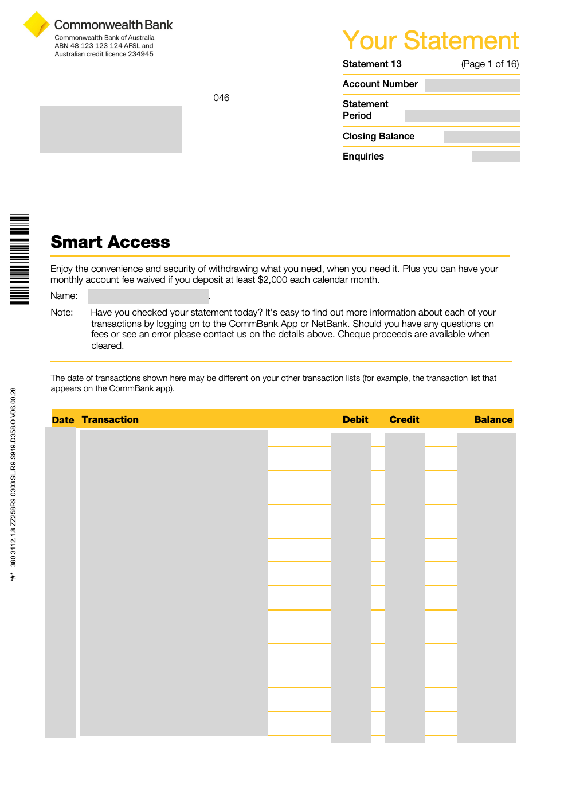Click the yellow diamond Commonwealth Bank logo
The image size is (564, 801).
click(36, 25)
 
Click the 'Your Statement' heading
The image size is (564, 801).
click(430, 41)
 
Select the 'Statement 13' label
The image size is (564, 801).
click(372, 64)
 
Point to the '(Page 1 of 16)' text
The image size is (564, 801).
click(490, 64)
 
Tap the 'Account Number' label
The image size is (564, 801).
click(380, 84)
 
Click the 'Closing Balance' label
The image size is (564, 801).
click(378, 136)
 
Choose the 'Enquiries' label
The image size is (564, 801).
click(363, 156)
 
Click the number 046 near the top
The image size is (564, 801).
click(221, 98)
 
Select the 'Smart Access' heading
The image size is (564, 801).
click(110, 242)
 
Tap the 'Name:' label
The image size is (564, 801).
click(64, 295)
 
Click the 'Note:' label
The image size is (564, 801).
click(61, 312)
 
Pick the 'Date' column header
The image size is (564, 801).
click(63, 420)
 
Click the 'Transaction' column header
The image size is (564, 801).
click(110, 419)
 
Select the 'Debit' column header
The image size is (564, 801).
click(355, 419)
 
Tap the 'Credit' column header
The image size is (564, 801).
click(404, 419)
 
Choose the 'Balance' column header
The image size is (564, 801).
click(493, 419)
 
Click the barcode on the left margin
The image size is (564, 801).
click(19, 259)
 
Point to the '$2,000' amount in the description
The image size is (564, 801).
click(272, 279)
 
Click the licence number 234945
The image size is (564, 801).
click(140, 54)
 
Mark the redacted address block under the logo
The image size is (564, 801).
click(111, 130)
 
